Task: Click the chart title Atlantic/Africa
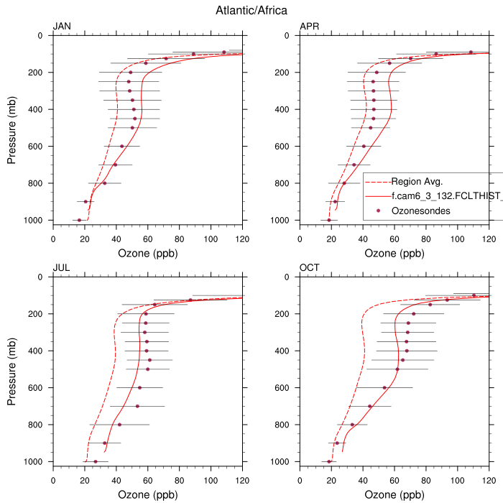pyautogui.click(x=251, y=10)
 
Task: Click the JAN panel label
pyautogui.click(x=62, y=27)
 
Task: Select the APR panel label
pyautogui.click(x=309, y=27)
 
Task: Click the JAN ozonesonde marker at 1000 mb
pyautogui.click(x=79, y=220)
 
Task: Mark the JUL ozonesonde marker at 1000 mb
pyautogui.click(x=96, y=461)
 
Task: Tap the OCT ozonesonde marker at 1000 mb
pyautogui.click(x=329, y=461)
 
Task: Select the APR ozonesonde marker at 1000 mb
pyautogui.click(x=329, y=220)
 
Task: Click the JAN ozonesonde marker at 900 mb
pyautogui.click(x=86, y=202)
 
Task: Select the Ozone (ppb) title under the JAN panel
pyautogui.click(x=148, y=253)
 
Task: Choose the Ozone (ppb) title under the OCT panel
pyautogui.click(x=394, y=494)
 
